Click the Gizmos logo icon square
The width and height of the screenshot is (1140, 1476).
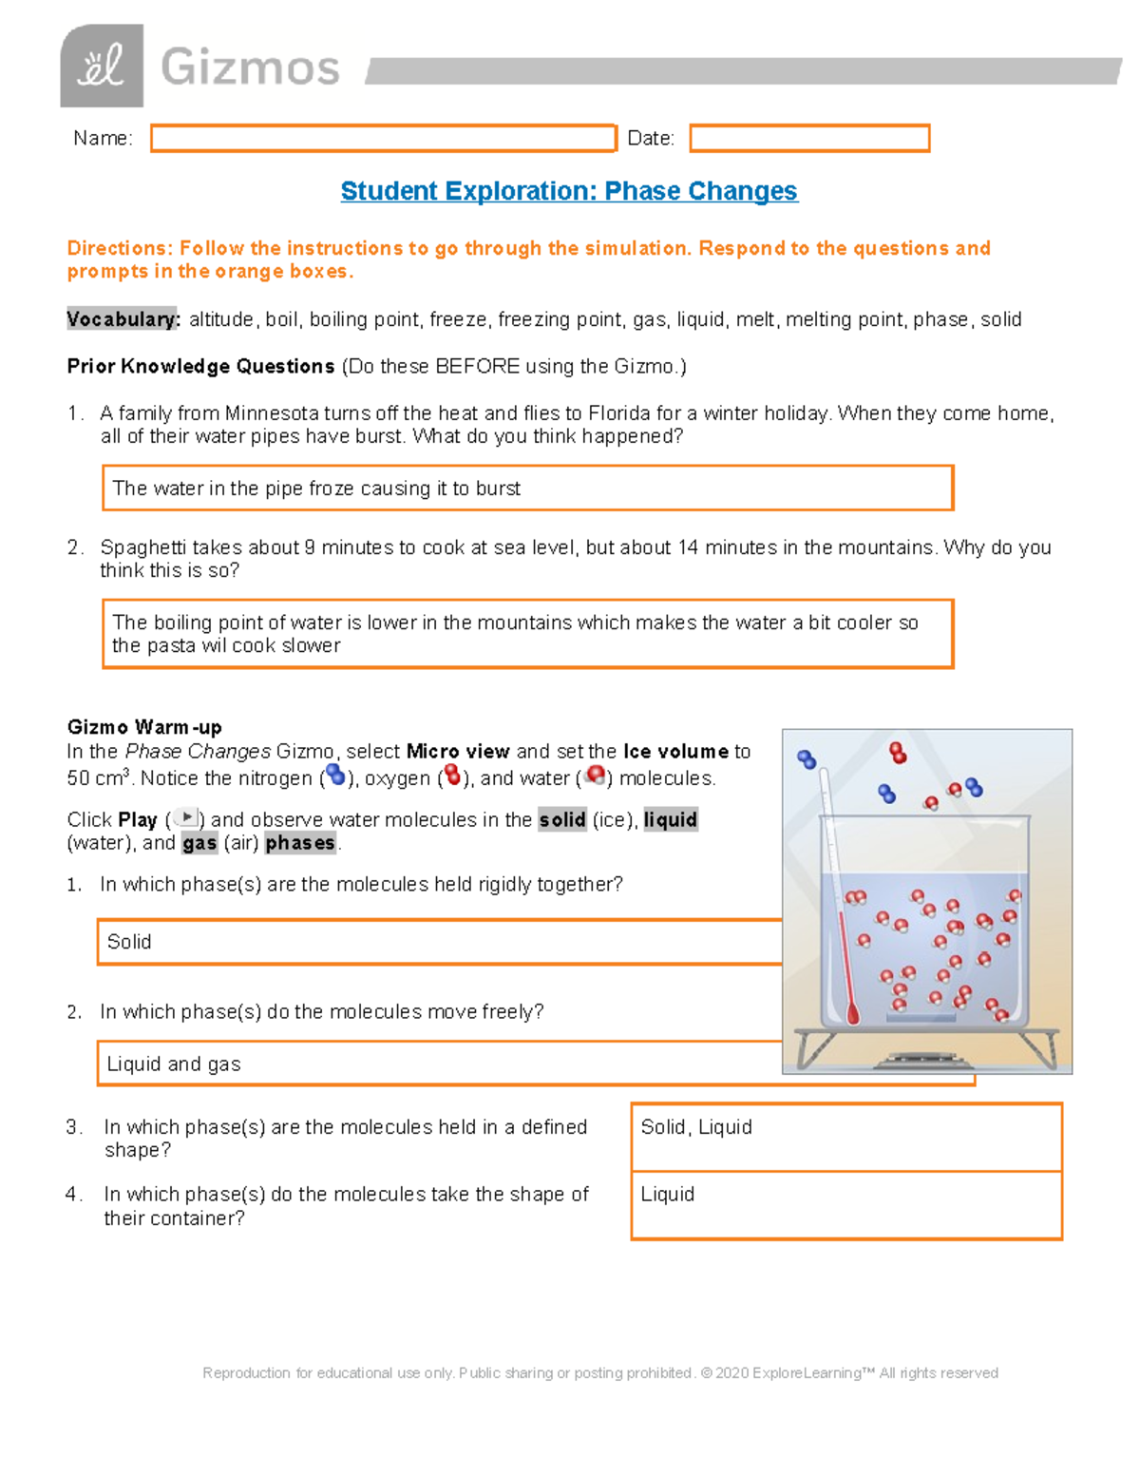pyautogui.click(x=102, y=66)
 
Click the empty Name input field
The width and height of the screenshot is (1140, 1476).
pyautogui.click(x=383, y=139)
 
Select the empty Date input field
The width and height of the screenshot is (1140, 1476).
pyautogui.click(x=808, y=139)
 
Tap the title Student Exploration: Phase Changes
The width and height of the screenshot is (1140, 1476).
pyautogui.click(x=569, y=191)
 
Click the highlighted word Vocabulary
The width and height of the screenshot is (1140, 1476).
pyautogui.click(x=123, y=319)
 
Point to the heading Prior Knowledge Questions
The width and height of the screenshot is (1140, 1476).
pyautogui.click(x=200, y=366)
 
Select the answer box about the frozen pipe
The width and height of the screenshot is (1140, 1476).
pyautogui.click(x=527, y=489)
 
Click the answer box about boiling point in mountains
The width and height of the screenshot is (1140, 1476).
pyautogui.click(x=527, y=634)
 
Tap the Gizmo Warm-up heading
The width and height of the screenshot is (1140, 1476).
pyautogui.click(x=144, y=727)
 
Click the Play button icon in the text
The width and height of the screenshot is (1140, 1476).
pyautogui.click(x=186, y=817)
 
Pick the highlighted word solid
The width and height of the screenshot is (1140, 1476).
pyautogui.click(x=561, y=819)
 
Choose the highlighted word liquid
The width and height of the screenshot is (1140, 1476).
pyautogui.click(x=671, y=819)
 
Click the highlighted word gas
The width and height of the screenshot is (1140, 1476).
pyautogui.click(x=199, y=843)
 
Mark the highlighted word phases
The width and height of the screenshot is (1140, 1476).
pyautogui.click(x=300, y=843)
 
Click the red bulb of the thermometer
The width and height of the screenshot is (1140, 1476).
pyautogui.click(x=852, y=1013)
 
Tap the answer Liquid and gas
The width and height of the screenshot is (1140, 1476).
pyautogui.click(x=174, y=1064)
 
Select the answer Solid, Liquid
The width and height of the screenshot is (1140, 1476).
pyautogui.click(x=696, y=1127)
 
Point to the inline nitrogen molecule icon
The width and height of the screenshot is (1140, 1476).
pyautogui.click(x=335, y=776)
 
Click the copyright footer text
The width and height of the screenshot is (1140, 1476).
pyautogui.click(x=599, y=1372)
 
